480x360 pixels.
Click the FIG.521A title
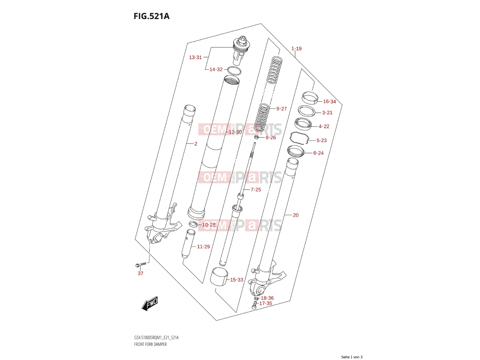pyautogui.click(x=151, y=16)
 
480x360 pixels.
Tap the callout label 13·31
pyautogui.click(x=195, y=58)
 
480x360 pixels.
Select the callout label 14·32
pyautogui.click(x=216, y=70)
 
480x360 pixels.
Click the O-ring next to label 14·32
pyautogui.click(x=234, y=71)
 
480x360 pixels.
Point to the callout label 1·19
pyautogui.click(x=296, y=49)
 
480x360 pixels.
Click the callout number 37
pyautogui.click(x=140, y=273)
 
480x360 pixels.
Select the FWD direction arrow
pyautogui.click(x=150, y=303)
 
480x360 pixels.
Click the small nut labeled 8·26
pyautogui.click(x=256, y=137)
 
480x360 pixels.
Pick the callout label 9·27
pyautogui.click(x=281, y=109)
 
